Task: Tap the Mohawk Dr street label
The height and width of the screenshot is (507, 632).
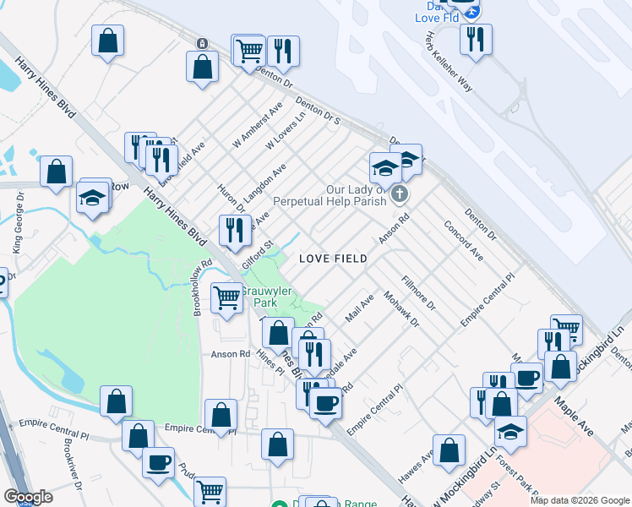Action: pos(401,310)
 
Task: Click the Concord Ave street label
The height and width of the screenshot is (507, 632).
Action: pos(464,241)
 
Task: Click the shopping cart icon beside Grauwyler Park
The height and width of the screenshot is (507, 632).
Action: pos(226,297)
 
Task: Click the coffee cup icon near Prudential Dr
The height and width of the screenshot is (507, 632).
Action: pos(158,462)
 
